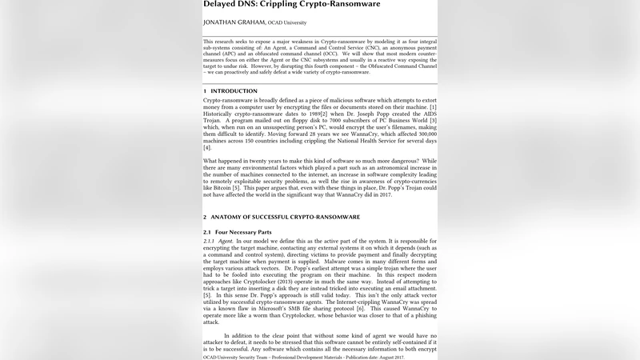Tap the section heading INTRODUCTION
(234, 91)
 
